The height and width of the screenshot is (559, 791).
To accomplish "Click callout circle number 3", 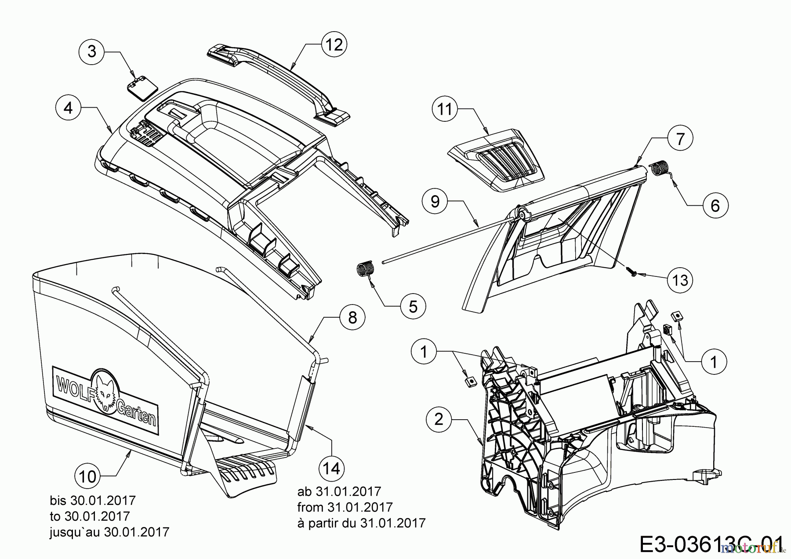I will pyautogui.click(x=91, y=52).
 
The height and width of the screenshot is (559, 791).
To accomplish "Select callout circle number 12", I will pyautogui.click(x=334, y=44).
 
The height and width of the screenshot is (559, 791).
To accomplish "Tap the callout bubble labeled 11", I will pyautogui.click(x=445, y=109).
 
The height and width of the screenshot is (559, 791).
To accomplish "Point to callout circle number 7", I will pyautogui.click(x=680, y=139).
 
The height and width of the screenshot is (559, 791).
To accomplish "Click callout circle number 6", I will pyautogui.click(x=715, y=205).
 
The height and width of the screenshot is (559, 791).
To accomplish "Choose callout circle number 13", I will pyautogui.click(x=680, y=279).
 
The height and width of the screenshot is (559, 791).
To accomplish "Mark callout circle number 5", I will pyautogui.click(x=413, y=306).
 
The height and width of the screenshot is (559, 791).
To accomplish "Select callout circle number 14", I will pyautogui.click(x=332, y=468).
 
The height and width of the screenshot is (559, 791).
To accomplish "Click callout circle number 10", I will pyautogui.click(x=88, y=476).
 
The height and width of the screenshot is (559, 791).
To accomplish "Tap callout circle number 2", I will pyautogui.click(x=439, y=420).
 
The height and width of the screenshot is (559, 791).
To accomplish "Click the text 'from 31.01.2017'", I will pyautogui.click(x=345, y=507).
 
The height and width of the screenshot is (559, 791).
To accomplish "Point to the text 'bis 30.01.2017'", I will pyautogui.click(x=93, y=500).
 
